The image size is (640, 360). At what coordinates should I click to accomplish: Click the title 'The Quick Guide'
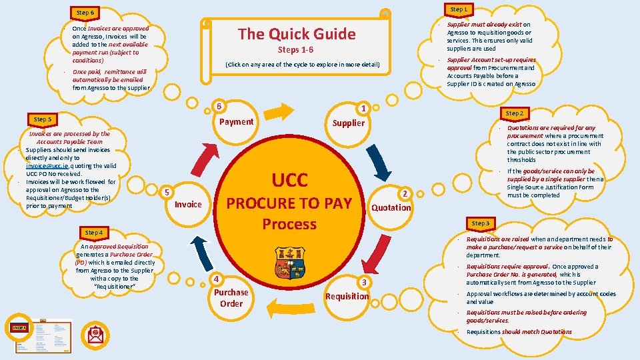point(297,33)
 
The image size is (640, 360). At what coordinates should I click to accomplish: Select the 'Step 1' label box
point(459,9)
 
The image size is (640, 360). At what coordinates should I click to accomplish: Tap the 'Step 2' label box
point(514,113)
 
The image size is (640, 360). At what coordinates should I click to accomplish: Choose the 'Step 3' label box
point(480,223)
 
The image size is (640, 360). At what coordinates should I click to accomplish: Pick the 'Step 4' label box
point(94,232)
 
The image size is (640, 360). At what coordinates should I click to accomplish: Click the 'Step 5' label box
point(42,119)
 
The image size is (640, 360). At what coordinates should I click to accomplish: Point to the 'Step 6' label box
point(85,13)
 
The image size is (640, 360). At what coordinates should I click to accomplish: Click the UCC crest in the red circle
point(289,262)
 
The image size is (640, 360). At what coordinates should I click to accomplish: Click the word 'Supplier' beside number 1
point(349,123)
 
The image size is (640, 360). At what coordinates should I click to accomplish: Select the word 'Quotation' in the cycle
point(391,207)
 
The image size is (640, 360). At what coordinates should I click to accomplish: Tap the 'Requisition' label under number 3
point(347,296)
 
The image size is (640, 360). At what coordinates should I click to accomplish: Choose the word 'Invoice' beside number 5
point(187,204)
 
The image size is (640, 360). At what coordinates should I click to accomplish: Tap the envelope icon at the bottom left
point(96,334)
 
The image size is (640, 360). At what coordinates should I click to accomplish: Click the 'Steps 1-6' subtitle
point(295,50)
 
